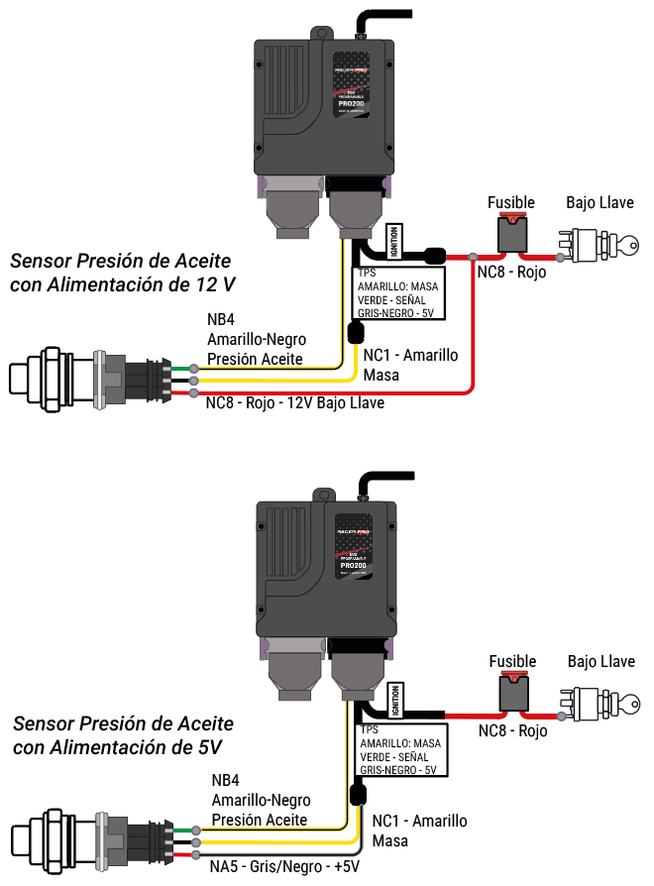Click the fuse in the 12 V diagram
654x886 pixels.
pyautogui.click(x=512, y=236)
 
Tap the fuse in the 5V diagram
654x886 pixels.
pyautogui.click(x=514, y=694)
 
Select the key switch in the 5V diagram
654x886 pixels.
pyautogui.click(x=598, y=702)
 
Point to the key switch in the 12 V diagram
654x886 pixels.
pyautogui.click(x=598, y=244)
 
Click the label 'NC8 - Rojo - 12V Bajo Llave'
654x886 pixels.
pyautogui.click(x=294, y=403)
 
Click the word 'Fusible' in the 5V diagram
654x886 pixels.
pyautogui.click(x=512, y=661)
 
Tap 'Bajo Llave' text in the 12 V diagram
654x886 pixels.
pyautogui.click(x=599, y=203)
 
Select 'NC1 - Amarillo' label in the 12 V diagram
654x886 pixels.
pyautogui.click(x=410, y=356)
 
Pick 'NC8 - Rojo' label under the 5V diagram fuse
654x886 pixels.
pyautogui.click(x=512, y=731)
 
